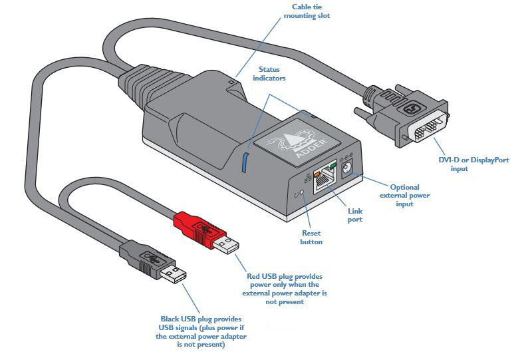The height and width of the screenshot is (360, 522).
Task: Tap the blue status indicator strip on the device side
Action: click(x=245, y=162)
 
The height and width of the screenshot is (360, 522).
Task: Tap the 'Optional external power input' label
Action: click(x=404, y=196)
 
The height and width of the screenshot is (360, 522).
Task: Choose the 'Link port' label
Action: click(x=356, y=215)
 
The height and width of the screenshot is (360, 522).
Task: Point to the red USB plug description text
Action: click(x=287, y=288)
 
